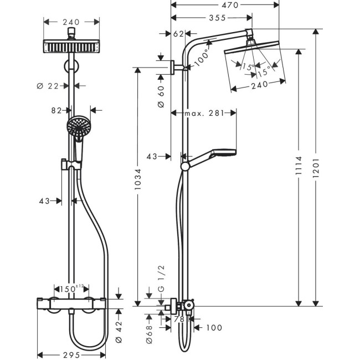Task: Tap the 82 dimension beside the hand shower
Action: (56, 110)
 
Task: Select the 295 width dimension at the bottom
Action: (70, 354)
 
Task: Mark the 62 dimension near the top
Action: (179, 34)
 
